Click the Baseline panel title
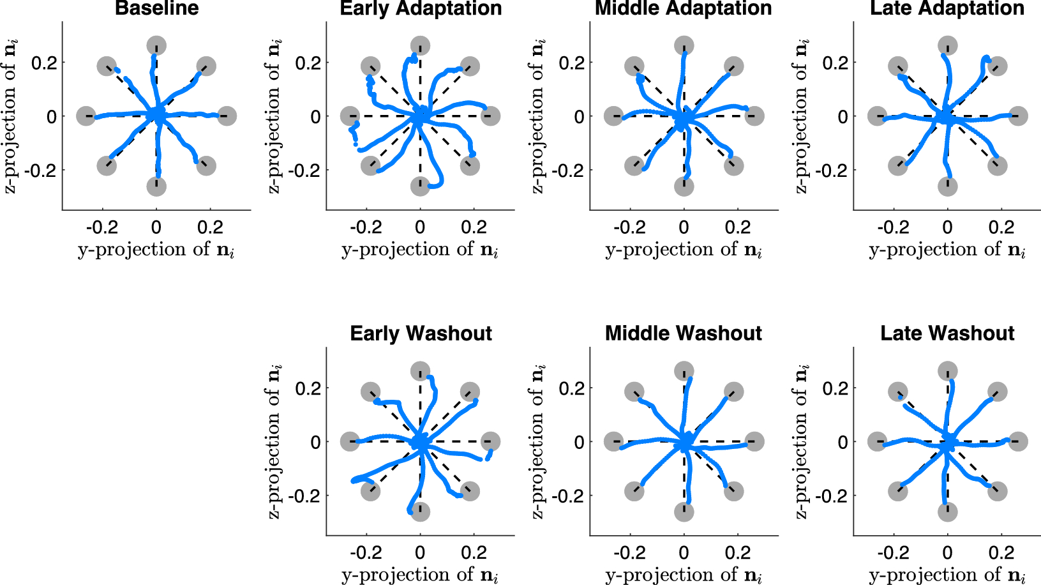(156, 8)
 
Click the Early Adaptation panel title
(421, 8)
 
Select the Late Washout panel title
(947, 333)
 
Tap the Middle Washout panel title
(684, 333)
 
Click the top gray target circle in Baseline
(156, 46)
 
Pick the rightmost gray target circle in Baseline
(227, 116)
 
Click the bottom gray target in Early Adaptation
(420, 186)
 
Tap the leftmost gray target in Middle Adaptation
(613, 116)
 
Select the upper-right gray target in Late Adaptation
(997, 66)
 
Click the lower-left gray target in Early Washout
(370, 491)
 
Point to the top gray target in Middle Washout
(684, 371)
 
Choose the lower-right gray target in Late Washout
(997, 491)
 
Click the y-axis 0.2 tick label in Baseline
(44, 63)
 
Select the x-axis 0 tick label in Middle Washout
(684, 552)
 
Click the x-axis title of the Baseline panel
(156, 250)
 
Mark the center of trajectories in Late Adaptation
(947, 118)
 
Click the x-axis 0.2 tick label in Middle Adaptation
(737, 227)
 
